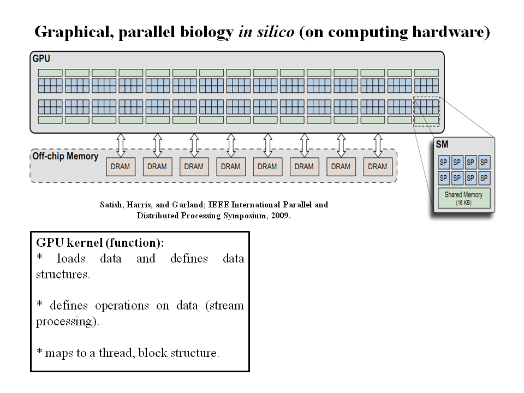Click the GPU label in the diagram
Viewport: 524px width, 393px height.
pos(41,58)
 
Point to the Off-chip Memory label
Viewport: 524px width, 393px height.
pos(65,157)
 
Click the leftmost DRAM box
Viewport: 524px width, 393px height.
pos(120,166)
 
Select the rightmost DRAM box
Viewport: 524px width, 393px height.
pos(377,166)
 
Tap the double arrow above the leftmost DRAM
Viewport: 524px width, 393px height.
pos(121,145)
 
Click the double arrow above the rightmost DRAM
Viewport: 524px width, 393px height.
pos(377,145)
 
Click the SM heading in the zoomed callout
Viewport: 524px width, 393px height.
pos(442,145)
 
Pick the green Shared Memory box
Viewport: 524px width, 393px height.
pos(463,199)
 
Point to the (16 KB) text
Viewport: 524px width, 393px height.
pos(463,203)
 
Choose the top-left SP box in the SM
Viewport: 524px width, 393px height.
pos(444,162)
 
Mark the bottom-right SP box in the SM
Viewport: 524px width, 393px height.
pos(484,178)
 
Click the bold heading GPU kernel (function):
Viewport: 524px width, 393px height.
pos(100,242)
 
